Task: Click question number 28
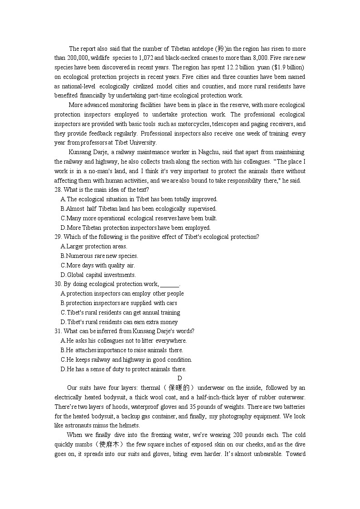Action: pyautogui.click(x=58, y=190)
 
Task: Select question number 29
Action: pyautogui.click(x=58, y=237)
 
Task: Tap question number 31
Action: pyautogui.click(x=58, y=331)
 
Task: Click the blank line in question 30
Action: pyautogui.click(x=170, y=285)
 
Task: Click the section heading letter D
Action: pyautogui.click(x=180, y=378)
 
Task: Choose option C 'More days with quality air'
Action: pyautogui.click(x=97, y=266)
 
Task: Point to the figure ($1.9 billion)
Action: pyautogui.click(x=288, y=68)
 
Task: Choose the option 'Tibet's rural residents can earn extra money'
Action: pyautogui.click(x=119, y=322)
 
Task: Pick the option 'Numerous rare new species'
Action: pyautogui.click(x=99, y=256)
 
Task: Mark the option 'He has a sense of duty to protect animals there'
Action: pyautogui.click(x=123, y=369)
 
